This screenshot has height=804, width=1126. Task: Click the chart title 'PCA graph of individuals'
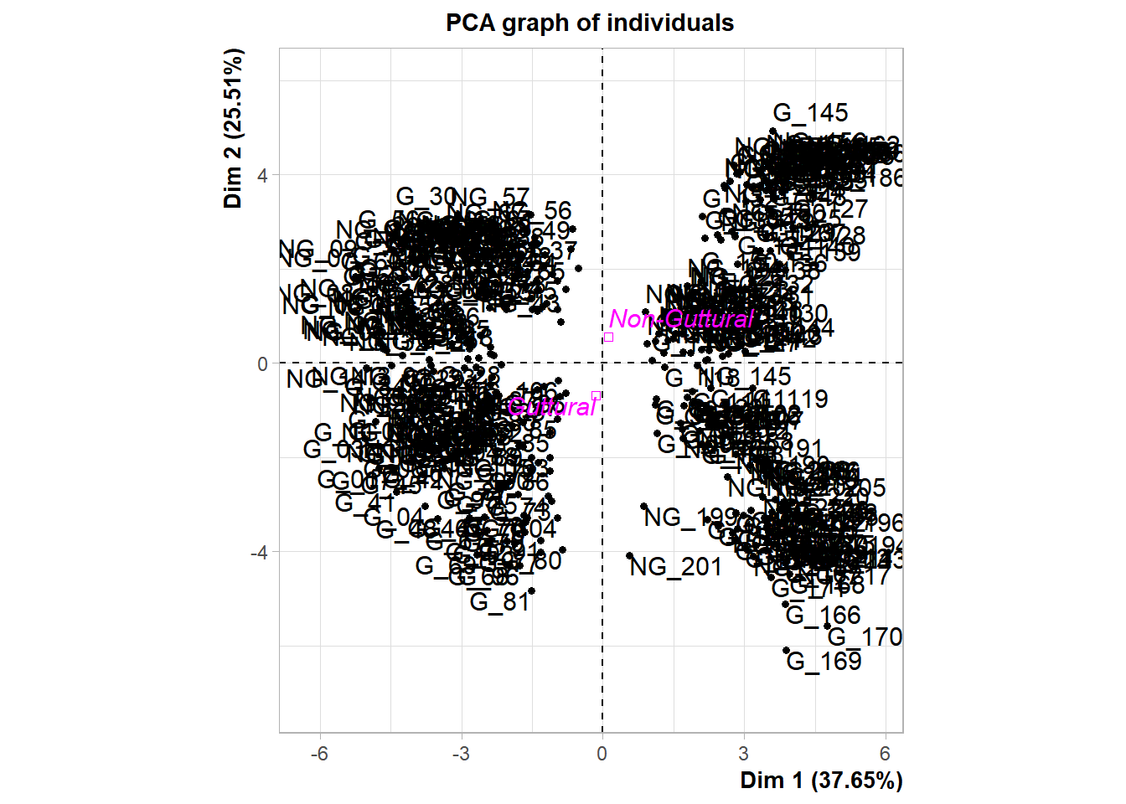pyautogui.click(x=589, y=23)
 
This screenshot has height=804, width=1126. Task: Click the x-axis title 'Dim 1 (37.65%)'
pyautogui.click(x=821, y=781)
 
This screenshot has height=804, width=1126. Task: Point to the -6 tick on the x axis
pyautogui.click(x=319, y=754)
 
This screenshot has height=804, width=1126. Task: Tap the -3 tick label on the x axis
pyautogui.click(x=461, y=754)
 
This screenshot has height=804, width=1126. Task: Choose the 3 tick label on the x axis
pyautogui.click(x=743, y=754)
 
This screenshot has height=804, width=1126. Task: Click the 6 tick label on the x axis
pyautogui.click(x=885, y=754)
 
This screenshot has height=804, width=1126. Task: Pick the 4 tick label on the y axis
pyautogui.click(x=262, y=176)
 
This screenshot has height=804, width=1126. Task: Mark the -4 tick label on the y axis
pyautogui.click(x=259, y=553)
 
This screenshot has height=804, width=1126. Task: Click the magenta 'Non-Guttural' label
pyautogui.click(x=681, y=319)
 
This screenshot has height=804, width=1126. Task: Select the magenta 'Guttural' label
pyautogui.click(x=551, y=407)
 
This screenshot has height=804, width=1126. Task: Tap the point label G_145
pyautogui.click(x=810, y=113)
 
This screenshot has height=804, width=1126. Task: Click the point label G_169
pyautogui.click(x=824, y=662)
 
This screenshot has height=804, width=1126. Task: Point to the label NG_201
pyautogui.click(x=675, y=567)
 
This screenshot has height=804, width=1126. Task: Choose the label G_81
pyautogui.click(x=499, y=602)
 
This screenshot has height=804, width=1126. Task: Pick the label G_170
pyautogui.click(x=865, y=637)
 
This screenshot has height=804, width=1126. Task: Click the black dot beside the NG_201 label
pyautogui.click(x=630, y=555)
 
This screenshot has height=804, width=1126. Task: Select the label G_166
pyautogui.click(x=823, y=616)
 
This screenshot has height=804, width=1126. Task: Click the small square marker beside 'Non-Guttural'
pyautogui.click(x=608, y=338)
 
